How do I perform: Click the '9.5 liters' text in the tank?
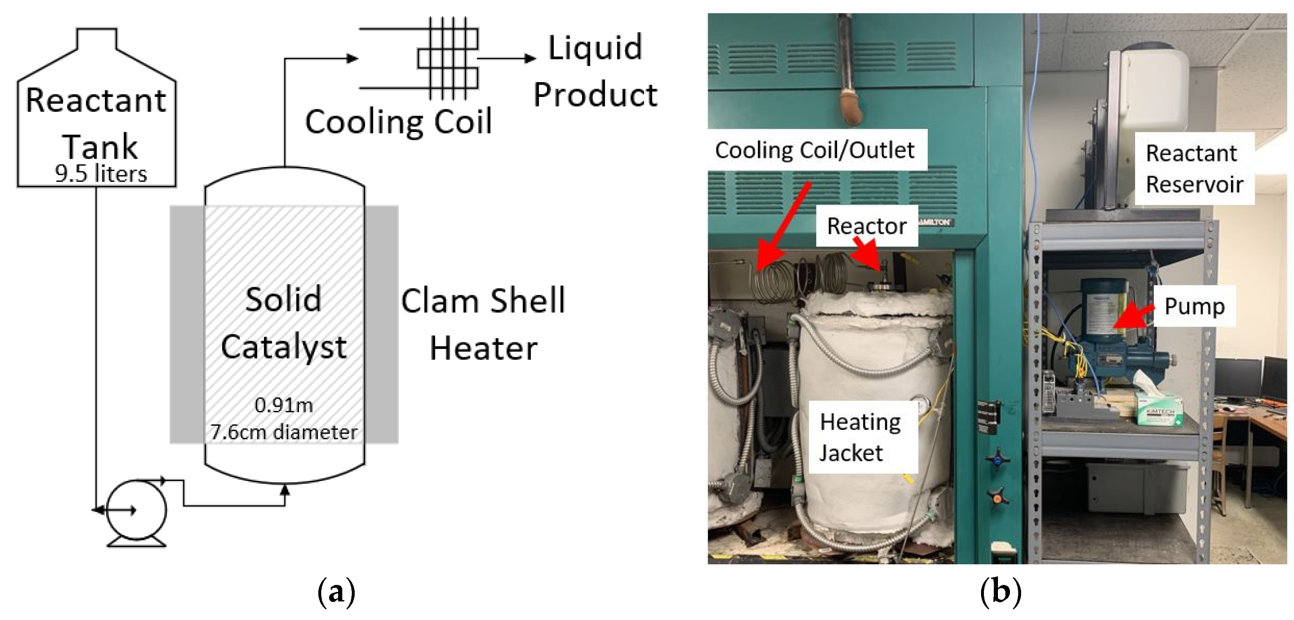(100, 174)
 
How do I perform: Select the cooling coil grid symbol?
(448, 58)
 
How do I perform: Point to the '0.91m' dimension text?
(284, 405)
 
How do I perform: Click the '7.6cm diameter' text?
(284, 432)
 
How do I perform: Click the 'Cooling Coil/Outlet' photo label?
(814, 150)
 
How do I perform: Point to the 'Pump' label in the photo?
(1194, 306)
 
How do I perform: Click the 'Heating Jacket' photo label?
(860, 437)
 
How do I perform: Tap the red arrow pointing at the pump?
(1133, 317)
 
